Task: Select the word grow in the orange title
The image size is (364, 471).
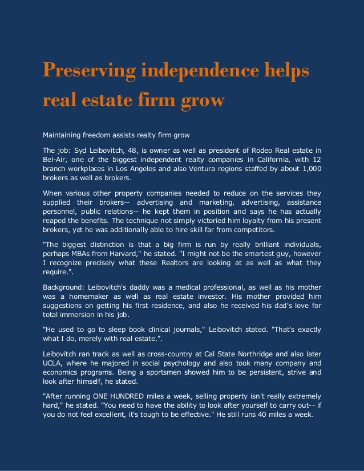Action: click(x=201, y=100)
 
